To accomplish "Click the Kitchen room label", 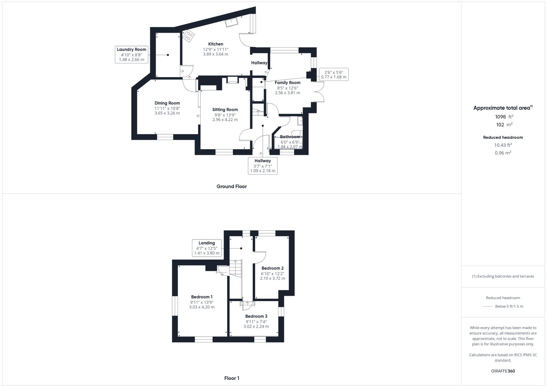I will tap(216, 44).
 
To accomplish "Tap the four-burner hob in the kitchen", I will tap(188, 36).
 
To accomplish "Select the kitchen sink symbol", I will tap(231, 22).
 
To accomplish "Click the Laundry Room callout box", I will tap(131, 54).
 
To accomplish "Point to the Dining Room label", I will tap(167, 103).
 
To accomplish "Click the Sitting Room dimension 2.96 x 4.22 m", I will tap(225, 120).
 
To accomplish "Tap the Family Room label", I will tap(287, 83).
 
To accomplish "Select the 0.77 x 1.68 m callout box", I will tap(334, 75).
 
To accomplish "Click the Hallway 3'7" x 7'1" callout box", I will tap(263, 166).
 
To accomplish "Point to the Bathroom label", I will tap(290, 137).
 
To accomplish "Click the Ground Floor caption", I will tap(232, 186).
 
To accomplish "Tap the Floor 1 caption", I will tap(232, 378).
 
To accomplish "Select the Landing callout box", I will tap(207, 248).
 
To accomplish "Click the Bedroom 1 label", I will tap(202, 297).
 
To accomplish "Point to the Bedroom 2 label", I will tap(272, 268).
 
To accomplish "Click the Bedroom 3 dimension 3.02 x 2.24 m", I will tap(256, 326).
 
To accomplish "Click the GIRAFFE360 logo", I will tap(503, 371).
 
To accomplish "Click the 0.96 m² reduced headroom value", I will tap(503, 153).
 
